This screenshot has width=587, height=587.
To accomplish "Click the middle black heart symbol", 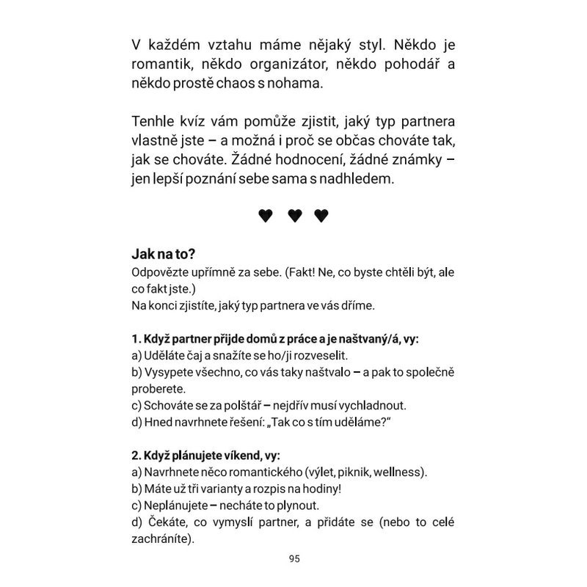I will [294, 215].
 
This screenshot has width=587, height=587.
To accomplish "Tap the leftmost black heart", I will [266, 215].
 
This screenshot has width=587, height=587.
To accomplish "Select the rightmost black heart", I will [321, 215].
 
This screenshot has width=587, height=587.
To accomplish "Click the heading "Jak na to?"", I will [164, 255].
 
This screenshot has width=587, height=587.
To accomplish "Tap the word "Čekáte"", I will [169, 523].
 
